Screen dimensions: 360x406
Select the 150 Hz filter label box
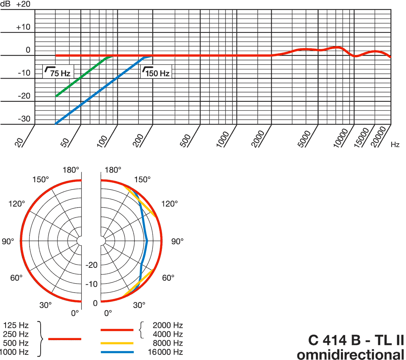[x=156, y=72]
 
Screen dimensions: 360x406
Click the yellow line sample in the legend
[x=117, y=343]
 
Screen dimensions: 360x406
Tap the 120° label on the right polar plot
[x=170, y=204]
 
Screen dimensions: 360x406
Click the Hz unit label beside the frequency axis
[x=395, y=145]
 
